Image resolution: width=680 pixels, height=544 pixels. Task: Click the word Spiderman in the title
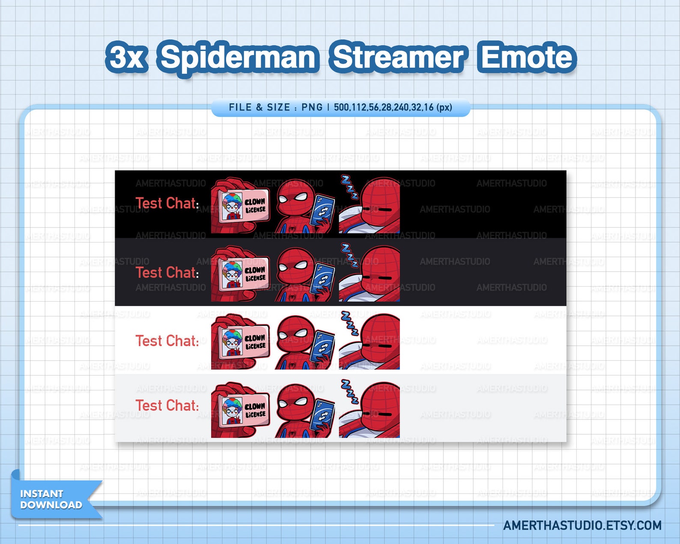239,57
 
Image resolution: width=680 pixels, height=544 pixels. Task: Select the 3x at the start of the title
127,57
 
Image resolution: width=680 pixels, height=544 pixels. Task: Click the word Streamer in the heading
398,57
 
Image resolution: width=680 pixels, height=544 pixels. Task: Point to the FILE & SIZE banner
340,108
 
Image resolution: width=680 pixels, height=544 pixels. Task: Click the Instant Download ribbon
51,499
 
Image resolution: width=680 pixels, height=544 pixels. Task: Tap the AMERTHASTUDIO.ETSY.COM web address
582,526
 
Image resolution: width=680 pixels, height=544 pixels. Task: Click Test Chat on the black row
167,203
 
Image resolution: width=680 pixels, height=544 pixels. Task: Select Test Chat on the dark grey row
167,272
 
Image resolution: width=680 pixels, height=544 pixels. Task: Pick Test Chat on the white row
167,341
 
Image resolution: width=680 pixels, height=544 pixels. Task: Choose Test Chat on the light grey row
167,405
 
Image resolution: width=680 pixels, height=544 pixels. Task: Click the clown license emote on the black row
241,206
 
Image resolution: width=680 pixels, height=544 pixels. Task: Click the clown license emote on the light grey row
241,410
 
